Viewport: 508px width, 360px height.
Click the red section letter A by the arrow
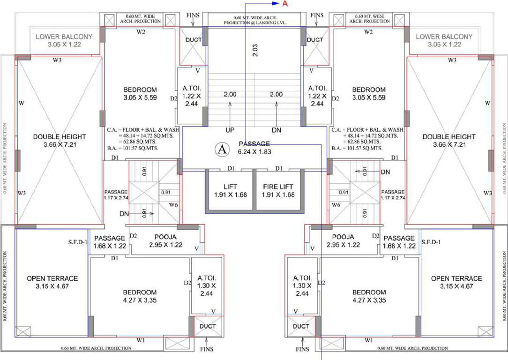(284, 4)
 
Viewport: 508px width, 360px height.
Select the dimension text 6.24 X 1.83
(254, 152)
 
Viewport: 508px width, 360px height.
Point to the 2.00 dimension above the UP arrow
(230, 94)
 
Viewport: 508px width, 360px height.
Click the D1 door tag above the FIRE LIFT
(279, 168)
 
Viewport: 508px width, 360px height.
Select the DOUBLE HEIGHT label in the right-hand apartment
(448, 137)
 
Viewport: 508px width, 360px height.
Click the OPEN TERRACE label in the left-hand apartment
(52, 278)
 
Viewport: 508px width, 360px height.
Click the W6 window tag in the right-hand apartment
(335, 205)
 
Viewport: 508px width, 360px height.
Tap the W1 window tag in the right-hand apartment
(369, 340)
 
